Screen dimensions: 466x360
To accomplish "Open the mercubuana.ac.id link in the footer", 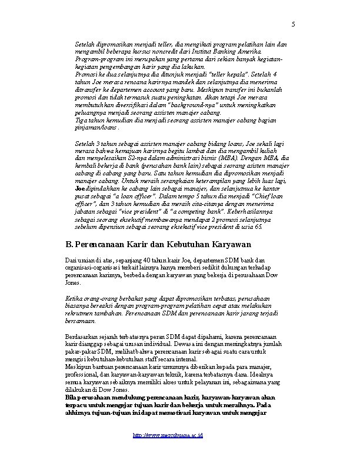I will (168, 437).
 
